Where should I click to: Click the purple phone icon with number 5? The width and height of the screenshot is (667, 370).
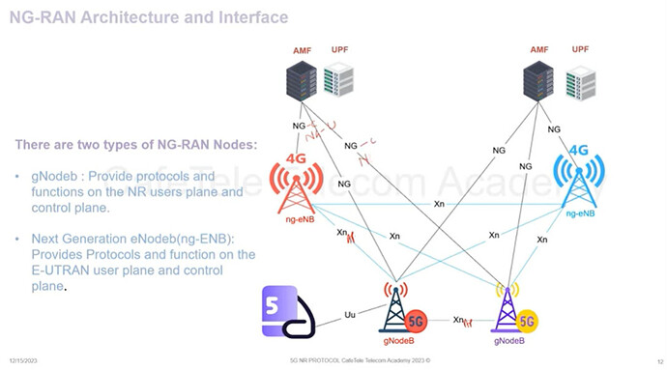293,312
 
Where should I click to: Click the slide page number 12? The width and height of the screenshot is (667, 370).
657,360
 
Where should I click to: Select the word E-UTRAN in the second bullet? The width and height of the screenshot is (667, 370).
61,270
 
